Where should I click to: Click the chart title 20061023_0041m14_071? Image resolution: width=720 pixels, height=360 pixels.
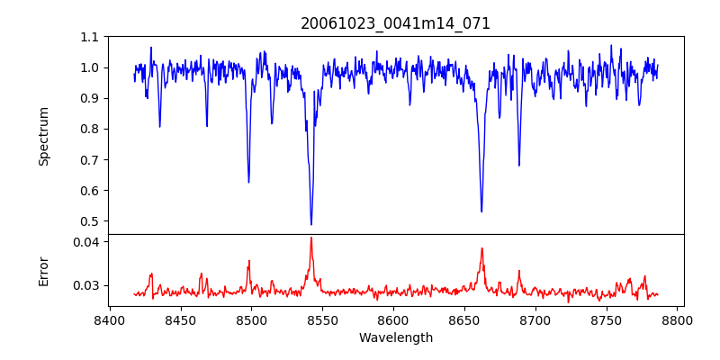pos(395,23)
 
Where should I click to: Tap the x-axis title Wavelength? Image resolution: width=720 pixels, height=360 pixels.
pos(395,338)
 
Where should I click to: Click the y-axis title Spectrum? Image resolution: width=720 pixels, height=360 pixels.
pos(43,136)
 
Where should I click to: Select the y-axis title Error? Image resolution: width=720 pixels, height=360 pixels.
pos(43,271)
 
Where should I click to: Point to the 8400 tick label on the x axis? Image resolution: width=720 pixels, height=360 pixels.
pos(109,319)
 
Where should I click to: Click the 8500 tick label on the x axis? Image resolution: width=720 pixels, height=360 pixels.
pos(251,319)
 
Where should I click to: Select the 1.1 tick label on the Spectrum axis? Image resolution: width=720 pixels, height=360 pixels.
pos(90,37)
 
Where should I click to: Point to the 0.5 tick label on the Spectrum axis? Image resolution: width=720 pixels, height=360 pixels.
pos(90,221)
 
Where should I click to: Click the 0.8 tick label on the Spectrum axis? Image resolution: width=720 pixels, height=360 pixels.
pos(90,129)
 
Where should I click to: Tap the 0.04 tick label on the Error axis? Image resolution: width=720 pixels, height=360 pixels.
pos(86,242)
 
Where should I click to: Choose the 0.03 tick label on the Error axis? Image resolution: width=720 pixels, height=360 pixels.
pos(86,285)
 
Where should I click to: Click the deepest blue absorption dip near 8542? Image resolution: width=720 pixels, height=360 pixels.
pos(311,224)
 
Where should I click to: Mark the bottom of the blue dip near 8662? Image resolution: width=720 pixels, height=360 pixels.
pos(481,211)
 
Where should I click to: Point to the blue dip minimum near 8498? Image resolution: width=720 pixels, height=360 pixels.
pos(248,182)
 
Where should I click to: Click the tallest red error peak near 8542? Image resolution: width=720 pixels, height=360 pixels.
pos(311,238)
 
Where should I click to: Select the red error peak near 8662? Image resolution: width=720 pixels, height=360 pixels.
pos(481,248)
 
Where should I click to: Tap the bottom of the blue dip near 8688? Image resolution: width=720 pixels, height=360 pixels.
pos(518,166)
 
